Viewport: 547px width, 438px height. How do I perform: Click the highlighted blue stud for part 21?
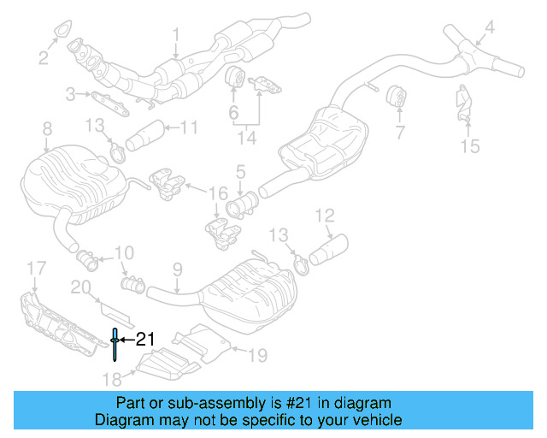pos(114,341)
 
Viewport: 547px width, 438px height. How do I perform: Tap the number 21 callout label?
pos(145,340)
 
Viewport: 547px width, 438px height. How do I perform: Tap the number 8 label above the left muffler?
pos(46,128)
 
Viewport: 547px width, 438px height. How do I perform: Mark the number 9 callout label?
pos(177,269)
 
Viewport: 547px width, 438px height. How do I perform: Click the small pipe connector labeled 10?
pos(87,255)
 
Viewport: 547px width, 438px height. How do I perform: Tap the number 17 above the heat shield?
pos(33,271)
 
